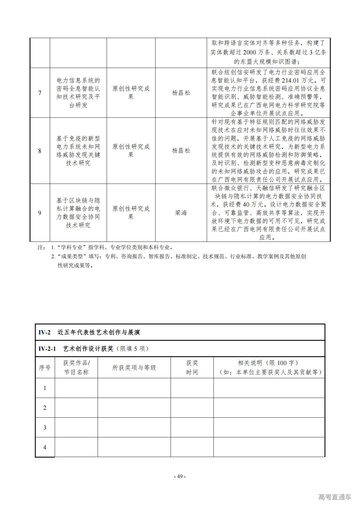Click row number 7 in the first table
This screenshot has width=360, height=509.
pyautogui.click(x=40, y=93)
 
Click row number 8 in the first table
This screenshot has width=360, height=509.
pyautogui.click(x=40, y=151)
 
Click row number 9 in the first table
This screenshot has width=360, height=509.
pyautogui.click(x=40, y=213)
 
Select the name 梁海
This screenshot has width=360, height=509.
pyautogui.click(x=181, y=213)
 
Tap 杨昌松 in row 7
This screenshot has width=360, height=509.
pyautogui.click(x=181, y=93)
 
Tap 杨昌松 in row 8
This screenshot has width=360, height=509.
pyautogui.click(x=181, y=151)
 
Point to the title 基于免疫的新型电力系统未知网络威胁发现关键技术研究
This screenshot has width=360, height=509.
pyautogui.click(x=78, y=151)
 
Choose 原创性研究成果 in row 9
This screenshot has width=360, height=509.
pyautogui.click(x=131, y=213)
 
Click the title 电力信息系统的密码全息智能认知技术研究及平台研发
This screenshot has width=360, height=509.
pyautogui.click(x=78, y=93)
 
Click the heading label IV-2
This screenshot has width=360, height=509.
pyautogui.click(x=44, y=332)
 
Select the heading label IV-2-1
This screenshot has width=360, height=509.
pyautogui.click(x=47, y=349)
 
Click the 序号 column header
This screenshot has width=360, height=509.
pyautogui.click(x=45, y=367)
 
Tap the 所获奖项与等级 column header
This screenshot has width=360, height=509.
pyautogui.click(x=134, y=367)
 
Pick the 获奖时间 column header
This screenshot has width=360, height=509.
pyautogui.click(x=192, y=367)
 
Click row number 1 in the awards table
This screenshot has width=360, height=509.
pyautogui.click(x=45, y=388)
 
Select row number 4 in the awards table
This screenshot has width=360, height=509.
pyautogui.click(x=45, y=447)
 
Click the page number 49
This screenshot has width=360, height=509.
pyautogui.click(x=180, y=476)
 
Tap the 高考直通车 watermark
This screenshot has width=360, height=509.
pyautogui.click(x=335, y=497)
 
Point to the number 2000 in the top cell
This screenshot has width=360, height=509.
pyautogui.click(x=249, y=52)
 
